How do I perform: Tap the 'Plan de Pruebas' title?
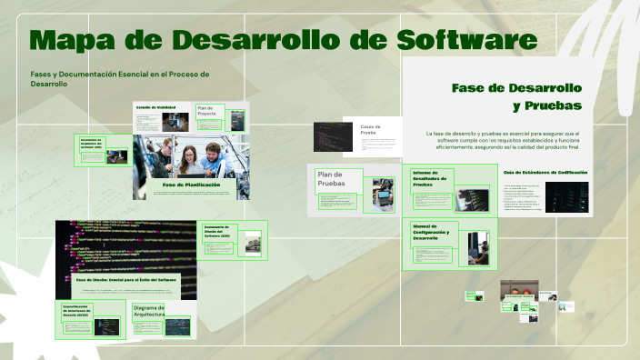click(x=332, y=179)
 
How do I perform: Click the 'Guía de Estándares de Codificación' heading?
click(x=545, y=172)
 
